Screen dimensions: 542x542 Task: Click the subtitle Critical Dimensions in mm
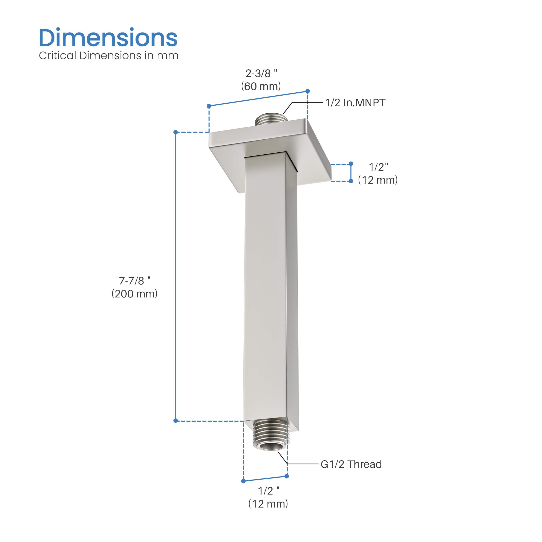109,56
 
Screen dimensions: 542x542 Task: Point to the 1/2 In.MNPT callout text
355,103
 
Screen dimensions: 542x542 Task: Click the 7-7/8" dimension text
135,281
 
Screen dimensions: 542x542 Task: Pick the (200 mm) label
135,294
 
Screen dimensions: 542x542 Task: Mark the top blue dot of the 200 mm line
176,132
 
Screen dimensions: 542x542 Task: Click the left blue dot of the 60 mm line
209,106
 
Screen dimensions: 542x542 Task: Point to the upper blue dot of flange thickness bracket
351,163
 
